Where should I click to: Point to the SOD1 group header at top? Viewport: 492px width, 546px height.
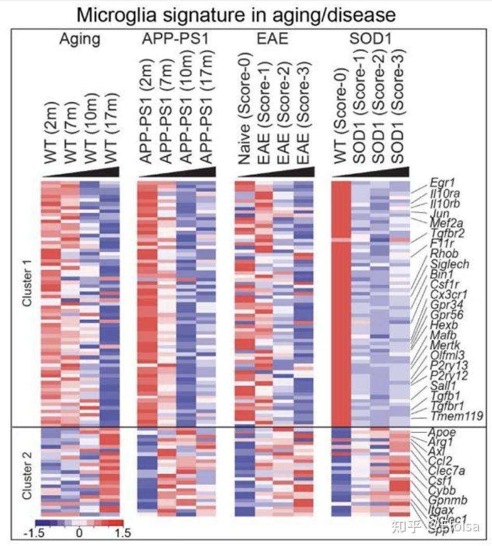[369, 39]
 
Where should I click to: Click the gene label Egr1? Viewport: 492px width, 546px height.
[440, 182]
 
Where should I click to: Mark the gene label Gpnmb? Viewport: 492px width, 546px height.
[448, 500]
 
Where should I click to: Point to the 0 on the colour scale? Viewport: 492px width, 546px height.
[79, 534]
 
